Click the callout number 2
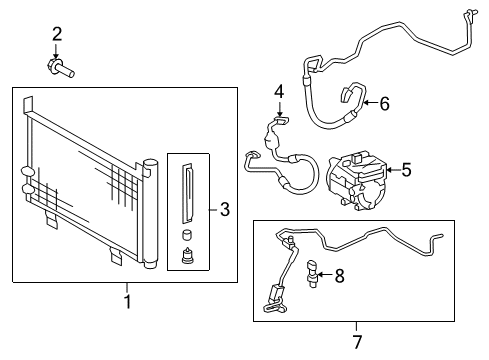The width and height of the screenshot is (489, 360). click(57, 35)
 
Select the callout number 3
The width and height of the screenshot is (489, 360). click(226, 209)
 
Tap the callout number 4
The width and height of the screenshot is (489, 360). click(280, 93)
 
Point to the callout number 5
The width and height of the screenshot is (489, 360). click(405, 171)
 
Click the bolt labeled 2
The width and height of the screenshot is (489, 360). click(60, 69)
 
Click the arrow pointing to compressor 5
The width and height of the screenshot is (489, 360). click(390, 171)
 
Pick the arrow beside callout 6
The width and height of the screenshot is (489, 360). click(367, 101)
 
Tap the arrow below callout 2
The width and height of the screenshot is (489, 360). click(57, 52)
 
